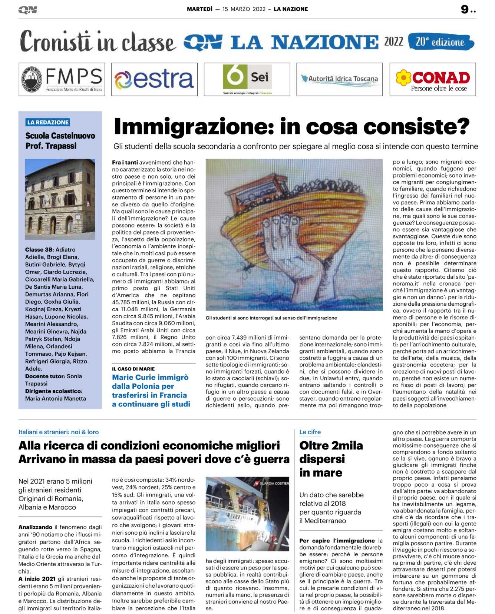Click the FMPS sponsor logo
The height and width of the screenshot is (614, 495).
coord(62,79)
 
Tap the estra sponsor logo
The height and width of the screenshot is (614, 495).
coord(154,79)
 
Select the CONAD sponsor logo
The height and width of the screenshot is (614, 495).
coord(432,79)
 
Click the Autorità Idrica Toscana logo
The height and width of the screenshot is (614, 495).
coord(339,79)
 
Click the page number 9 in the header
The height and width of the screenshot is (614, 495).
coord(465,9)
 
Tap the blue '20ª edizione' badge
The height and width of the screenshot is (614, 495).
coord(440,42)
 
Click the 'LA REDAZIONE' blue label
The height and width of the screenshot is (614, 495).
coord(48,122)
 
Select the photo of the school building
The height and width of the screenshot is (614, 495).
coord(60,199)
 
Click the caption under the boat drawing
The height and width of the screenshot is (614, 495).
coord(271,318)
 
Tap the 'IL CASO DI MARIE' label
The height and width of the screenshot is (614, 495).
coord(133,369)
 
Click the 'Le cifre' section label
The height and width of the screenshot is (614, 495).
coord(310,432)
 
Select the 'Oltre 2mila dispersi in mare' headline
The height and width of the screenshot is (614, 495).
coord(331,459)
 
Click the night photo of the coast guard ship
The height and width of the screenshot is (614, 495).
coord(247,514)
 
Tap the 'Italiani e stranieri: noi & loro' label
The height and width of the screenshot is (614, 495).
coord(59,432)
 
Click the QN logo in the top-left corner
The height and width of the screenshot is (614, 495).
coord(27,10)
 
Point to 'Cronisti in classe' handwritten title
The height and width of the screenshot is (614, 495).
coord(97,42)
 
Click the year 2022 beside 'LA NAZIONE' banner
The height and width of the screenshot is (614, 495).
coord(393,42)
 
